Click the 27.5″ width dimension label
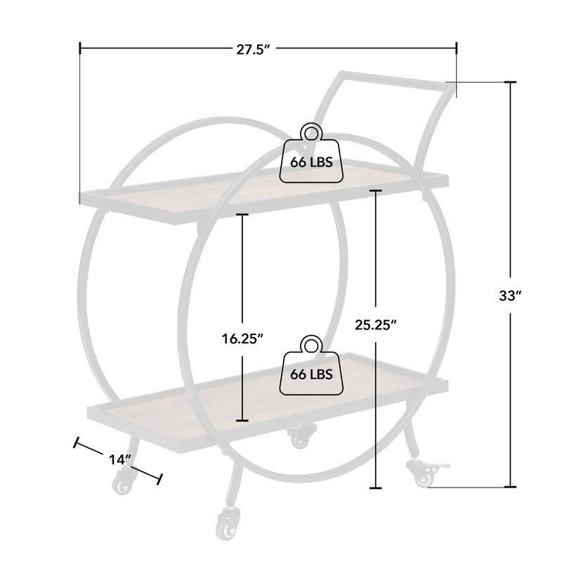point(253,50)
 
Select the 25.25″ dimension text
point(376,325)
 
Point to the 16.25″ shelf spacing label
point(242,339)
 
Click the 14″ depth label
point(120,459)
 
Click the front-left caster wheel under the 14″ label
point(122,481)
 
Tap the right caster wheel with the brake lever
point(426,473)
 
